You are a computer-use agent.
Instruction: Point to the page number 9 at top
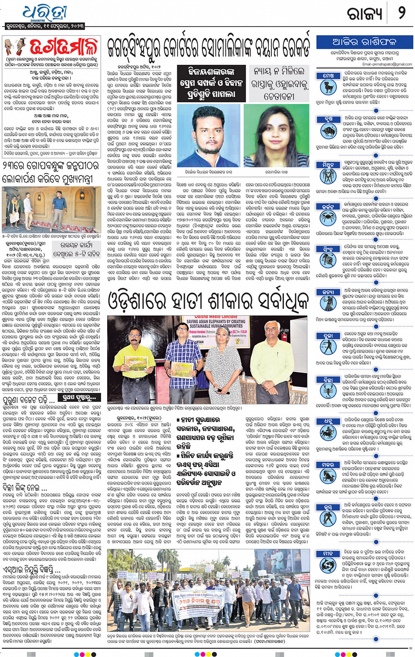(401, 13)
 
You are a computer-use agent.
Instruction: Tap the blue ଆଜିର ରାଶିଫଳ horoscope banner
(364, 43)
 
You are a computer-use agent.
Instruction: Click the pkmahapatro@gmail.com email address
(387, 64)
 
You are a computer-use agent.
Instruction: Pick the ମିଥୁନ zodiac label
(328, 165)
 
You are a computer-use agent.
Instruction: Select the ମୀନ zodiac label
(328, 554)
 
